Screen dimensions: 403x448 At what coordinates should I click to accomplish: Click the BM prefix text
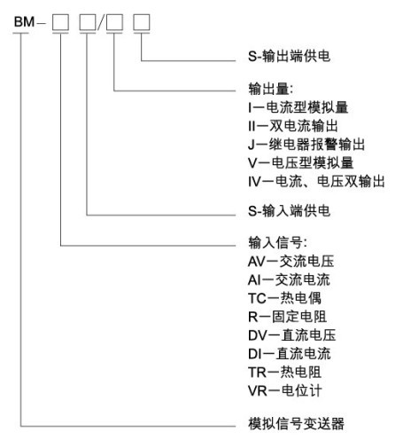(x=25, y=22)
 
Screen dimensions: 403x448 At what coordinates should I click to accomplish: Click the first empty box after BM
(x=60, y=22)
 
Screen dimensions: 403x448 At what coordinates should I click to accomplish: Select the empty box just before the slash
(x=88, y=22)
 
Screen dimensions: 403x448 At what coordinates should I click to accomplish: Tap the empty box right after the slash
(x=114, y=22)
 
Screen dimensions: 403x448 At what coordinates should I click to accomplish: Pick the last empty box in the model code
(x=142, y=22)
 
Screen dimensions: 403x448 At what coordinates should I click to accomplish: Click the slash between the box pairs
(x=101, y=22)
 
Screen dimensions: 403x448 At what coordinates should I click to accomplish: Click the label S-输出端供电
(x=289, y=56)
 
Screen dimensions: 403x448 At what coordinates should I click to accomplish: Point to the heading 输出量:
(x=271, y=89)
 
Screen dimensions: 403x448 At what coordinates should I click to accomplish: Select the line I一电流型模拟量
(x=298, y=107)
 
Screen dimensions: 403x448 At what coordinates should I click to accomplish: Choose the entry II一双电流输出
(x=293, y=126)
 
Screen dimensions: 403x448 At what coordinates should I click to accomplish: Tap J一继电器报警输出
(x=306, y=145)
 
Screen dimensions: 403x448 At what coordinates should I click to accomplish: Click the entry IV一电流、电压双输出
(x=316, y=181)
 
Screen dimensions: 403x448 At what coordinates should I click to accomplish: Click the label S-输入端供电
(x=289, y=211)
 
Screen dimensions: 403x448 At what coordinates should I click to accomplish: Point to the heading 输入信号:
(x=277, y=243)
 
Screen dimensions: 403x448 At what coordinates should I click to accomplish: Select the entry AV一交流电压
(x=291, y=262)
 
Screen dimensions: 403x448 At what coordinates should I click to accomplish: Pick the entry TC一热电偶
(x=284, y=298)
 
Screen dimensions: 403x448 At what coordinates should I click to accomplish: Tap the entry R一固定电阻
(x=287, y=317)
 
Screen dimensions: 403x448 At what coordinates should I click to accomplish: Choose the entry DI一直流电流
(x=290, y=354)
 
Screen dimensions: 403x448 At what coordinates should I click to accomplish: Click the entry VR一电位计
(x=285, y=390)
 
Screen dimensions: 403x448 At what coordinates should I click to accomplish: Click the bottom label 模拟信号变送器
(x=296, y=424)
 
